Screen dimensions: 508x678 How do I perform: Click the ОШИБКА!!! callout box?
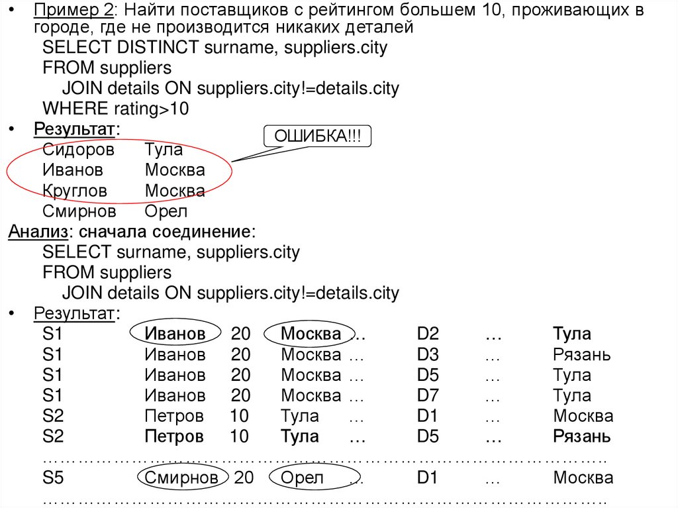pyautogui.click(x=318, y=136)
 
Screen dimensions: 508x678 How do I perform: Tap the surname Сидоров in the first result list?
pyautogui.click(x=78, y=149)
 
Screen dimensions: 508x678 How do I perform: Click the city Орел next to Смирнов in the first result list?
pyautogui.click(x=166, y=211)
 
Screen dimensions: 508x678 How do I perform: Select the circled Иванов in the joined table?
pyautogui.click(x=175, y=334)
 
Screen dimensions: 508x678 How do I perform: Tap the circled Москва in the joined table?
pyautogui.click(x=311, y=334)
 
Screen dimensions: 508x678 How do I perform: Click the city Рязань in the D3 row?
pyautogui.click(x=581, y=354)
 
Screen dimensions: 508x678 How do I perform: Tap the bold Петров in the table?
pyautogui.click(x=173, y=436)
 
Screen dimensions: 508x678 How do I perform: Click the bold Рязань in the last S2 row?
pyautogui.click(x=581, y=436)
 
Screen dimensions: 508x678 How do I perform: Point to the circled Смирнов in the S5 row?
pyautogui.click(x=181, y=478)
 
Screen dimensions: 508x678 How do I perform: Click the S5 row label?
pyautogui.click(x=53, y=478)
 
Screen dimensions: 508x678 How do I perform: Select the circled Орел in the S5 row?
pyautogui.click(x=302, y=478)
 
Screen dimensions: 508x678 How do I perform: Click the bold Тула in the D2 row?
pyautogui.click(x=571, y=334)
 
